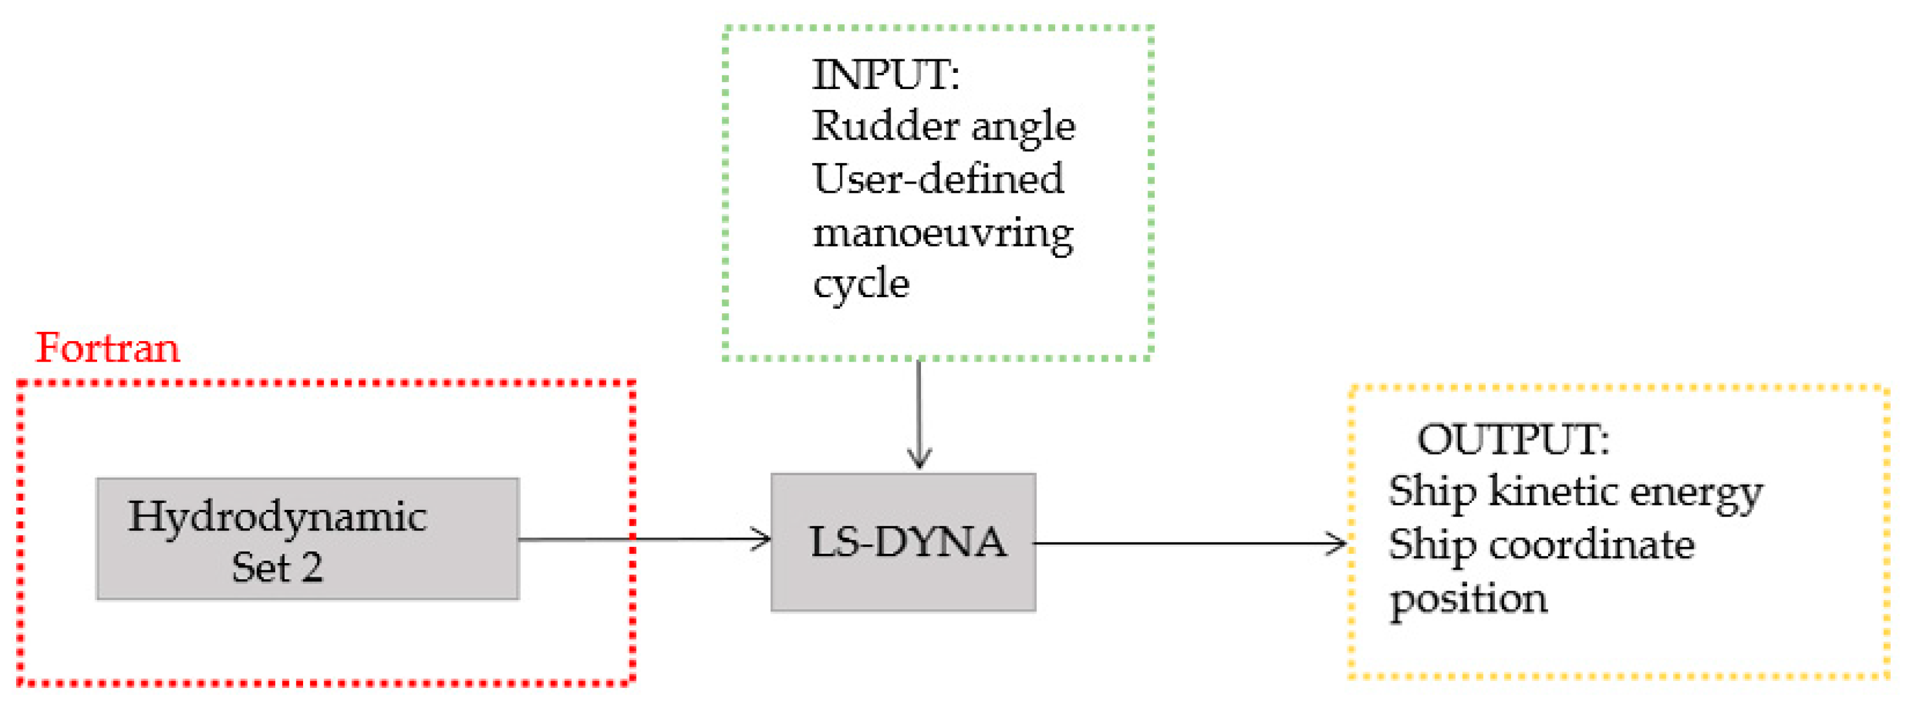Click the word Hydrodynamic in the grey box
[x=277, y=517]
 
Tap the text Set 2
[x=277, y=569]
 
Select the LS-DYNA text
[x=907, y=543]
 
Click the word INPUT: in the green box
[x=886, y=75]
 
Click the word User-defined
[x=938, y=179]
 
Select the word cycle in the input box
[x=861, y=284]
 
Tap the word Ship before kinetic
[x=1432, y=493]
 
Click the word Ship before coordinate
[x=1432, y=547]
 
